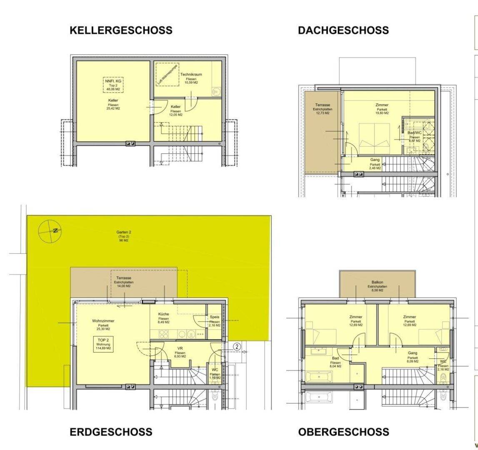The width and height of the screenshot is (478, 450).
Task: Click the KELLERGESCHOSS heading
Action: click(121, 30)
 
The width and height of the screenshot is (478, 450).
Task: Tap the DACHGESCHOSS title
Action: click(343, 30)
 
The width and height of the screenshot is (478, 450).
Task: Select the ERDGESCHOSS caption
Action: click(111, 432)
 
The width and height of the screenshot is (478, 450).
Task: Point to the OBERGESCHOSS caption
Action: click(344, 432)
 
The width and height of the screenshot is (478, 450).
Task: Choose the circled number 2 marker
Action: click(236, 346)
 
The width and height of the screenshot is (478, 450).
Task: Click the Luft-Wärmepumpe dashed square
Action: click(167, 75)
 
